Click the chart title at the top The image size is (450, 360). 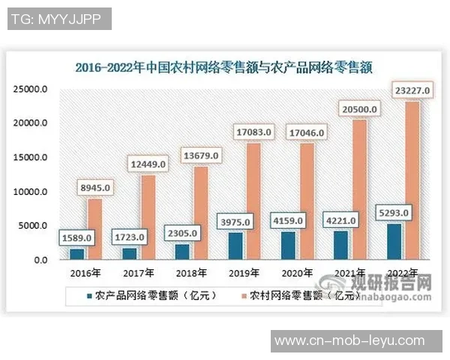coord(225,67)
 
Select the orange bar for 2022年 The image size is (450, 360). coord(411,180)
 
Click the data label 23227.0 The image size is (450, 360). coord(411,91)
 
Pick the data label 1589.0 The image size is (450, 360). coord(77,237)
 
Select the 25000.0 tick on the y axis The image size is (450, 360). coord(31,89)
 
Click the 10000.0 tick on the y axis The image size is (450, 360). coord(31,192)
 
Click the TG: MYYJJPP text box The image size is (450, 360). coord(58,19)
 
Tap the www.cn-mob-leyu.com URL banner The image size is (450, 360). coord(349,341)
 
